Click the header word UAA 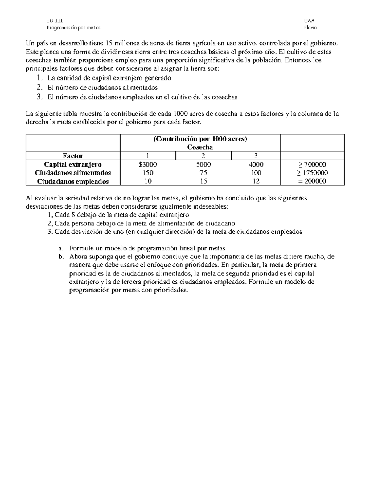(x=309, y=21)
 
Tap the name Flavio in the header (x=310, y=27)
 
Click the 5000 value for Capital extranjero (x=203, y=164)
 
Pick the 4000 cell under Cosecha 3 (x=256, y=164)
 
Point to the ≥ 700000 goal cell (x=312, y=164)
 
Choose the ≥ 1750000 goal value (x=312, y=173)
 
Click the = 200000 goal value (x=312, y=181)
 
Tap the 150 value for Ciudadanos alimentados (x=148, y=173)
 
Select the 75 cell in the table (x=203, y=173)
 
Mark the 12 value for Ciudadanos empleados (x=256, y=181)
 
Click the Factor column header (x=73, y=156)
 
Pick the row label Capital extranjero (x=73, y=164)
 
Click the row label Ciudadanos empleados (x=73, y=181)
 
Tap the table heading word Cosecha (x=200, y=147)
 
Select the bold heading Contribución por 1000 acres (x=200, y=139)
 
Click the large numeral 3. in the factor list (x=39, y=97)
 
